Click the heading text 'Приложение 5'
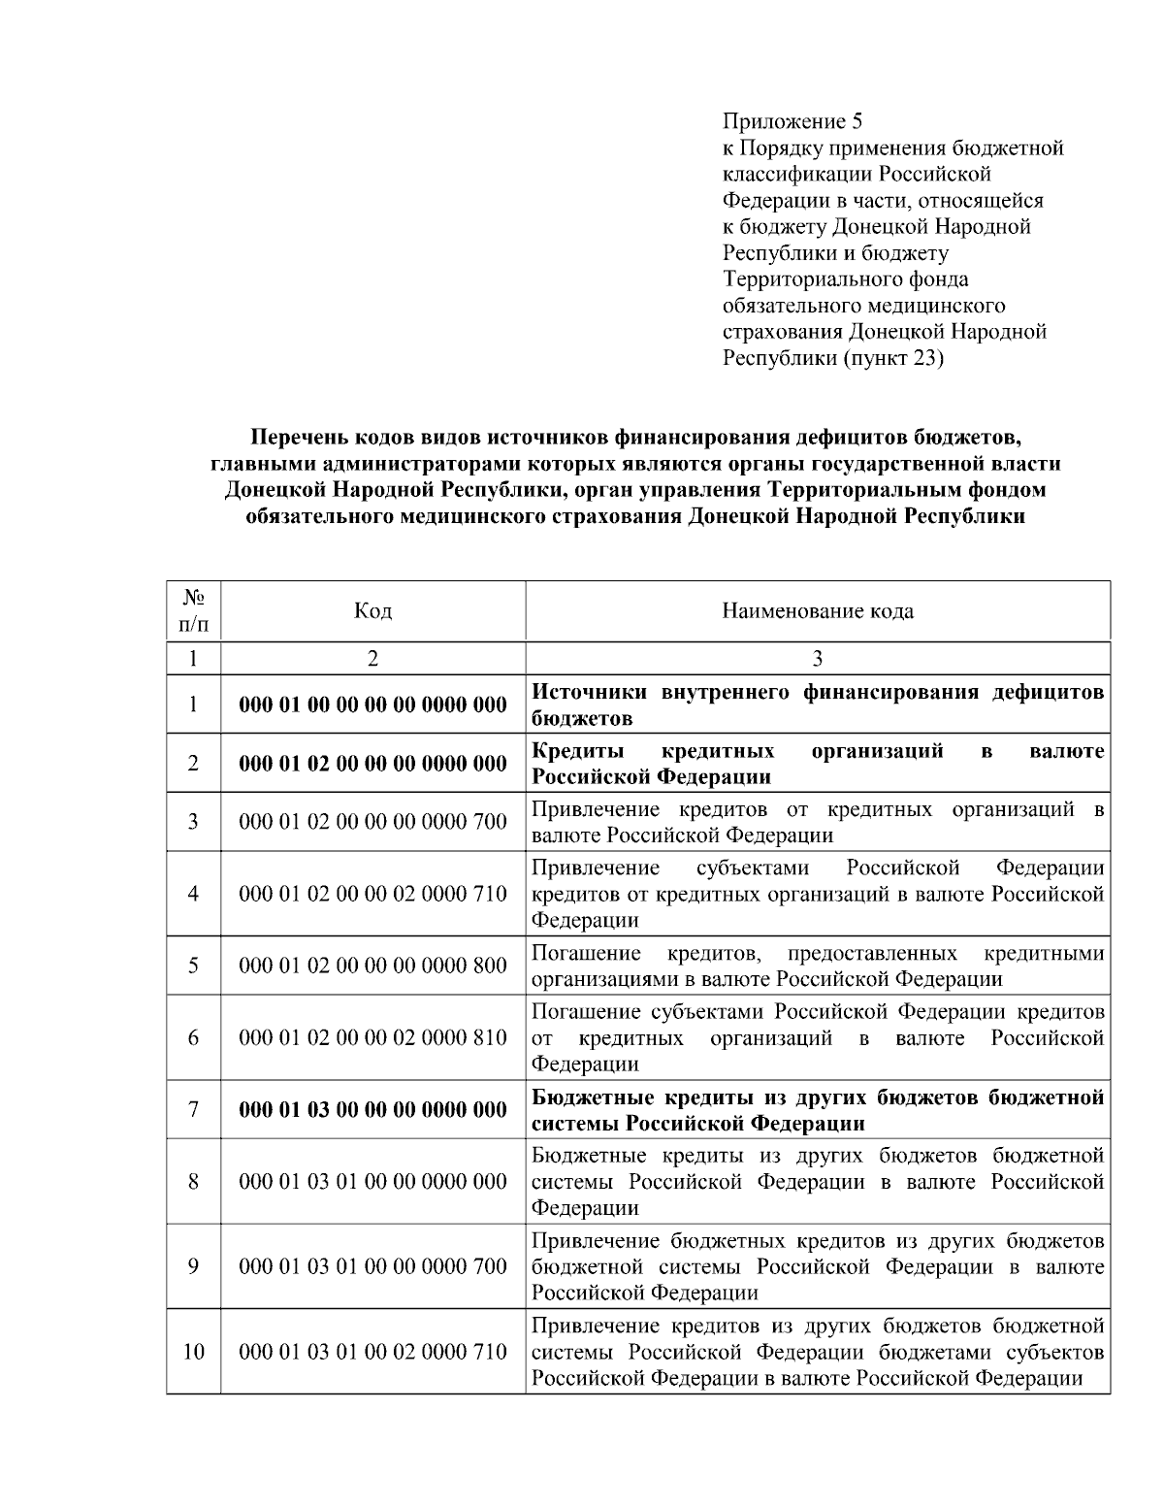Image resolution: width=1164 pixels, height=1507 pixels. click(792, 121)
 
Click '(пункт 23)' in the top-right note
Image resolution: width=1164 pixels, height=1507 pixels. click(892, 358)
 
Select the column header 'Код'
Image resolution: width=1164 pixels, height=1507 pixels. click(372, 610)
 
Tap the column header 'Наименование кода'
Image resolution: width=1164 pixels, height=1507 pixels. click(817, 610)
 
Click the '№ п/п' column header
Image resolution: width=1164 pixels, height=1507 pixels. click(193, 610)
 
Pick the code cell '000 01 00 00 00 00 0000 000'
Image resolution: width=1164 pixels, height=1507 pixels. click(372, 705)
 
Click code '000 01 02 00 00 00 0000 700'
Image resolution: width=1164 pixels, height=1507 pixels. click(372, 822)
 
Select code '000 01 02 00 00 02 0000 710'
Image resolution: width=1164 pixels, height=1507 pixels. click(372, 894)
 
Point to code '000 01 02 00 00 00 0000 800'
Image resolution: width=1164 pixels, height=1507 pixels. click(372, 966)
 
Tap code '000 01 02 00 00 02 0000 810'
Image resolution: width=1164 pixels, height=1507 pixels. click(372, 1037)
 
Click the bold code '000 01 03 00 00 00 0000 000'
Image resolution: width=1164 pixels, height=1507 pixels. click(372, 1109)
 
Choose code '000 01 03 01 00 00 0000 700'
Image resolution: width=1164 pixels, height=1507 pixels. click(372, 1266)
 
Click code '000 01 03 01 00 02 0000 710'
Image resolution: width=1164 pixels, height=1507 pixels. click(372, 1351)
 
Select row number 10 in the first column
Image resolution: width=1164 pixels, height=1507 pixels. click(193, 1351)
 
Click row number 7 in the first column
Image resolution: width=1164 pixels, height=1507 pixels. click(193, 1109)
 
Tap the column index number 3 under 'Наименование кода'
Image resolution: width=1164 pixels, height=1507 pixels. click(817, 659)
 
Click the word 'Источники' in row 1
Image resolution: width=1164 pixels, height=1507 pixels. click(591, 693)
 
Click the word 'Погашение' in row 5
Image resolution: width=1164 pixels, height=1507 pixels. click(586, 952)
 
